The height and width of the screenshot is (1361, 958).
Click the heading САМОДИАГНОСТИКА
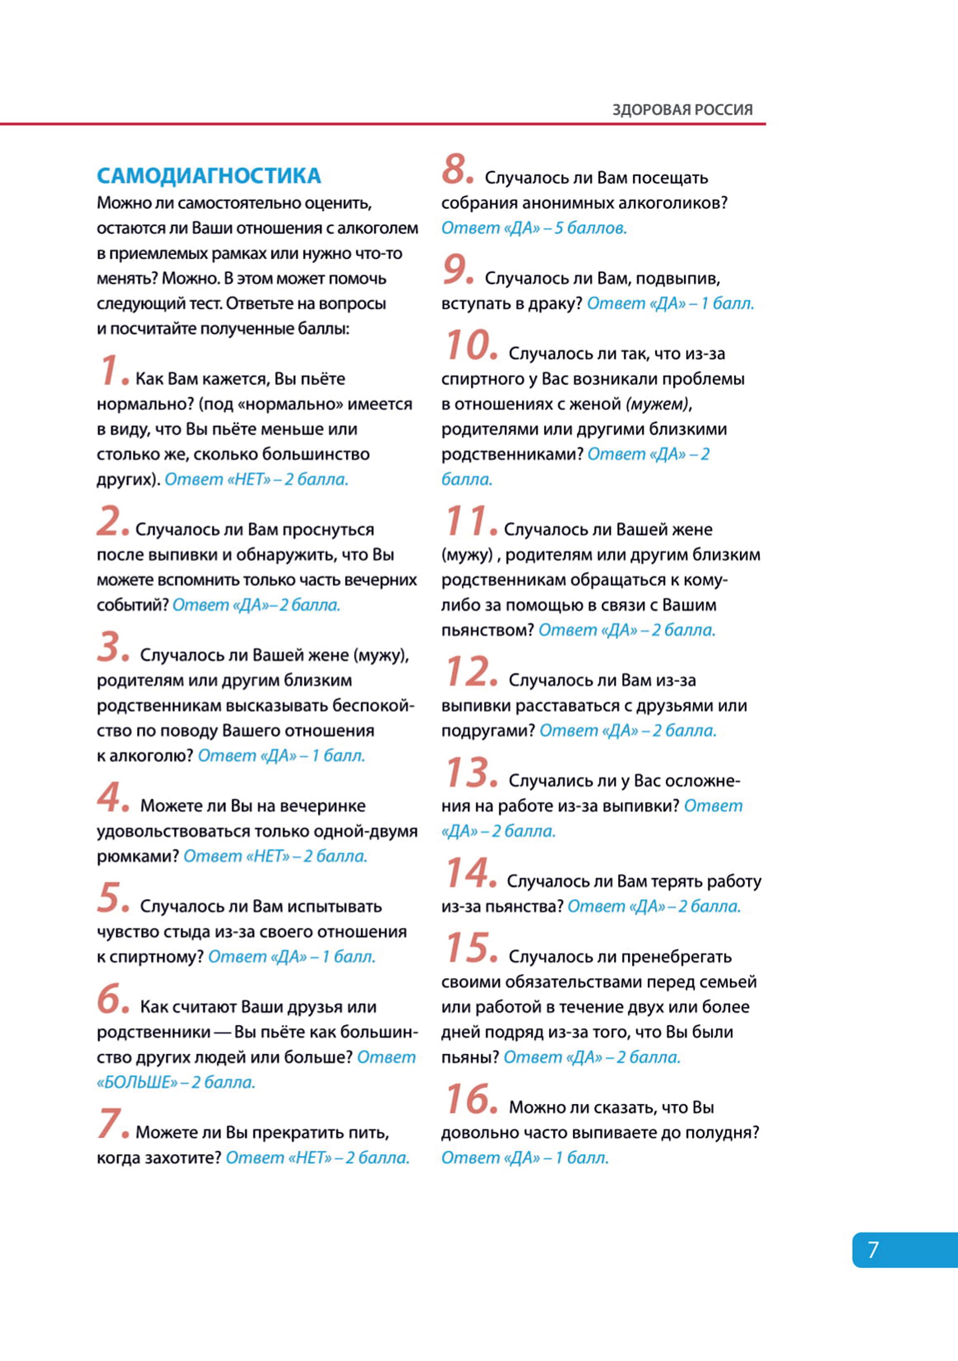click(208, 176)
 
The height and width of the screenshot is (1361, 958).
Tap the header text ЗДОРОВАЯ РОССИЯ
click(682, 110)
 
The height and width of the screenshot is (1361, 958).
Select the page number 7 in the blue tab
click(873, 1250)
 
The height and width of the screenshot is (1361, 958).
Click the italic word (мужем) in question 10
click(657, 404)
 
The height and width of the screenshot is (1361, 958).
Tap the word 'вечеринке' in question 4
click(322, 806)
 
